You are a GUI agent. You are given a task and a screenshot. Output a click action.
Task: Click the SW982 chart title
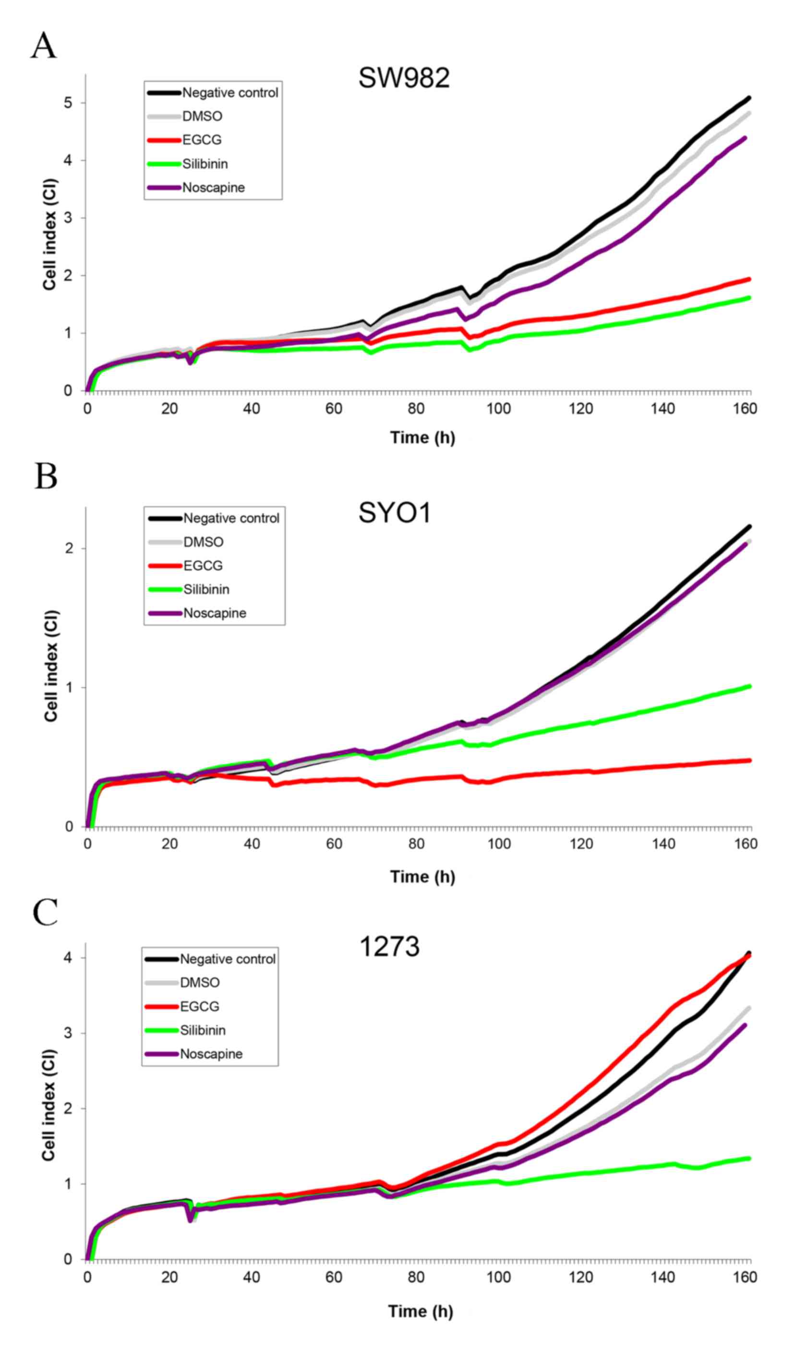[x=404, y=78]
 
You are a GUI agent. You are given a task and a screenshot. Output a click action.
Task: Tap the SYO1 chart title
[x=395, y=513]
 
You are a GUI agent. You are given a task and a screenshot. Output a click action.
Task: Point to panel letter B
[x=46, y=476]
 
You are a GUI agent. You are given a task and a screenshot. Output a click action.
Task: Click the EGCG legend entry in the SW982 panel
[x=202, y=140]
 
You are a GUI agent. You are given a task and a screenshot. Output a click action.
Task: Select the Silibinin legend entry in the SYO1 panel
[x=206, y=589]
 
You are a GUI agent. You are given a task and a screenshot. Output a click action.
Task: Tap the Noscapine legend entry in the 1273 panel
[x=211, y=1054]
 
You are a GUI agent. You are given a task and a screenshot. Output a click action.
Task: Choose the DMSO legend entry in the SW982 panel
[x=202, y=116]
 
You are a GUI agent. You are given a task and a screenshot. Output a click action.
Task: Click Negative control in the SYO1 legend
[x=231, y=518]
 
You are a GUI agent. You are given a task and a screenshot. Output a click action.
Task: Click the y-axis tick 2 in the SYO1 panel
[x=69, y=549]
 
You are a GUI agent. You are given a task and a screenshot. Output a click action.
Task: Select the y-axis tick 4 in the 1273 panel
[x=68, y=957]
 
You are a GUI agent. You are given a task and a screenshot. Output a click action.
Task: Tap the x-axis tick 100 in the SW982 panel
[x=498, y=409]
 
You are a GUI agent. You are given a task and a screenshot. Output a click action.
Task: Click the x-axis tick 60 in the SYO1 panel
[x=334, y=844]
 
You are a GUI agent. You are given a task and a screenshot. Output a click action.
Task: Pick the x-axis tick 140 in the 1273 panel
[x=662, y=1277]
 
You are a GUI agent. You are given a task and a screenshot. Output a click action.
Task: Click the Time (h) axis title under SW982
[x=422, y=438]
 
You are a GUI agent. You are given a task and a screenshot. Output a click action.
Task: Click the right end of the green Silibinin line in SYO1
[x=748, y=686]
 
